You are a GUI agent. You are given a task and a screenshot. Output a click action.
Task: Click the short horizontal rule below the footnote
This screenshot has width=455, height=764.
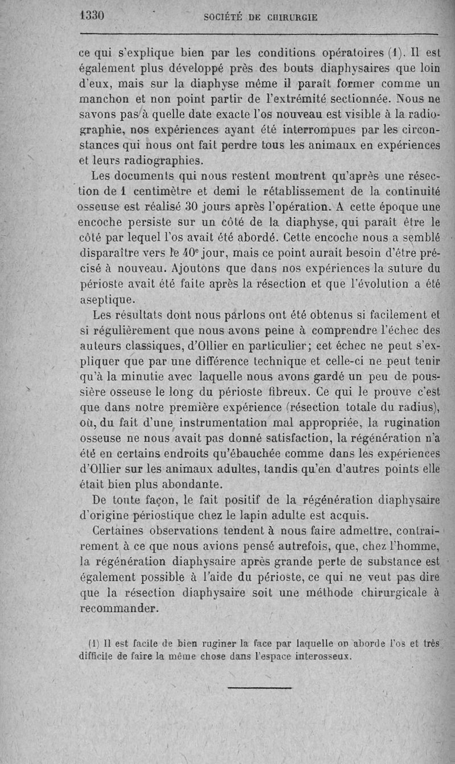coord(259,688)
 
